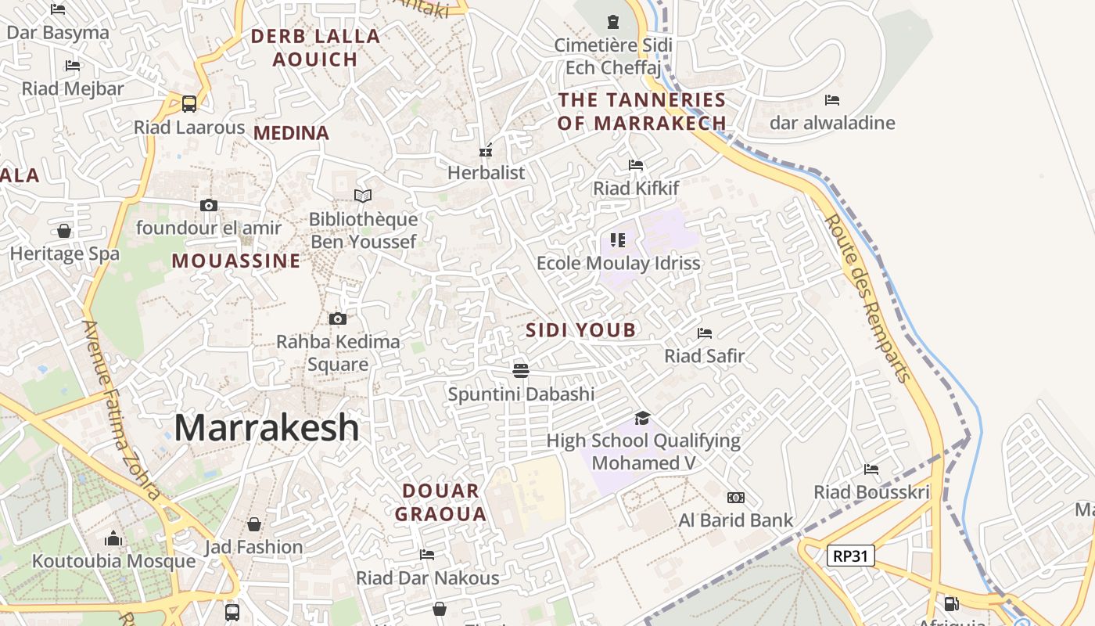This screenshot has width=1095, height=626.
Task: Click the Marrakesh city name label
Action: (x=267, y=428)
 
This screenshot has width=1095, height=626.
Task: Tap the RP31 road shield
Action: (x=850, y=556)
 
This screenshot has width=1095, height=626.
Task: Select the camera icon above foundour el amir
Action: (x=208, y=205)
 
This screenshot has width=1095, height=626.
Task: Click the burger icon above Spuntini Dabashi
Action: (x=521, y=370)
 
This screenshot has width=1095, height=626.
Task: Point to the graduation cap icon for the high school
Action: (x=642, y=418)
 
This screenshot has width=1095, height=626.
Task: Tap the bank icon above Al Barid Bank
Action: (x=735, y=498)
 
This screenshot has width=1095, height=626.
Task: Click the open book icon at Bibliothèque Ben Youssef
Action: (x=362, y=196)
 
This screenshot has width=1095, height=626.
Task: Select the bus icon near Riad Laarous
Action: (x=188, y=103)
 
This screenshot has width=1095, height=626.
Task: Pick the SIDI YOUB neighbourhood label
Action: (x=580, y=330)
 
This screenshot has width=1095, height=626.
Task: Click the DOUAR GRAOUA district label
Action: (x=440, y=502)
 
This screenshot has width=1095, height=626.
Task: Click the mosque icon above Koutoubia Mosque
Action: (x=113, y=538)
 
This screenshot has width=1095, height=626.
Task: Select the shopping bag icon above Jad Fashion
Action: (x=253, y=523)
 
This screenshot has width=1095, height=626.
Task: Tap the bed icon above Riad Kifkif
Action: (x=636, y=165)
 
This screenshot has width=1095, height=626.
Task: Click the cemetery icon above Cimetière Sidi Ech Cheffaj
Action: (x=612, y=22)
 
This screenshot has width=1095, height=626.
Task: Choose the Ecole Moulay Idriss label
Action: (x=618, y=263)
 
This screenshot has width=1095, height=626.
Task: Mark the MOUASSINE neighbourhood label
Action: (x=236, y=261)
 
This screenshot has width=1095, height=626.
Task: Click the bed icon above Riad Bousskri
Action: (x=871, y=469)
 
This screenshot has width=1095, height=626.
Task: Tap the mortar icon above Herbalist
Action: (x=486, y=150)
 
